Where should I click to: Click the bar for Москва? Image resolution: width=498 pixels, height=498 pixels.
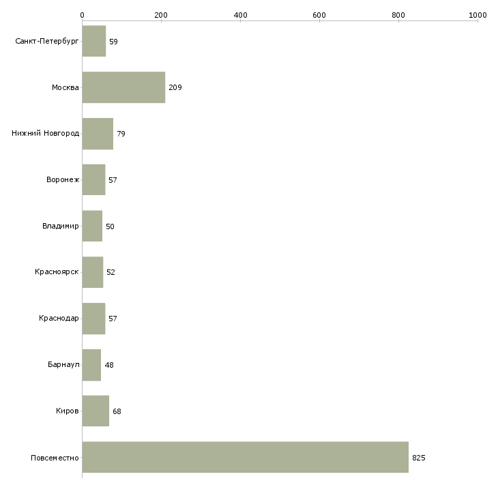[x=124, y=87]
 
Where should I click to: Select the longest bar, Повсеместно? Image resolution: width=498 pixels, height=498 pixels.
[x=246, y=457]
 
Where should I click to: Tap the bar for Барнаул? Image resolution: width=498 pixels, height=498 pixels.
[x=92, y=365]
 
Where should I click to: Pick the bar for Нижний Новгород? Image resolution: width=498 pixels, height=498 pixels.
[x=98, y=134]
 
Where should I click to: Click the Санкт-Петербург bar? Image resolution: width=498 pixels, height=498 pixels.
[x=94, y=42]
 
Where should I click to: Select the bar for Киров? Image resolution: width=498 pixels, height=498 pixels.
[x=96, y=411]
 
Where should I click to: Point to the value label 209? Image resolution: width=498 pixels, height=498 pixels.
[x=175, y=87]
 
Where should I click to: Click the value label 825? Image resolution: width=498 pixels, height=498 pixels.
[x=419, y=458]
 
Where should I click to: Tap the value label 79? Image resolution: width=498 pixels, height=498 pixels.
[x=121, y=134]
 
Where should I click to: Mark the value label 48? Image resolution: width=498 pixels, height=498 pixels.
[x=109, y=365]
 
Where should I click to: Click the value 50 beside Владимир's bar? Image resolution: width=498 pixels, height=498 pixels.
[x=110, y=226]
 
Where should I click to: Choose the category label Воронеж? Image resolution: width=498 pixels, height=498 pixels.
[x=63, y=180]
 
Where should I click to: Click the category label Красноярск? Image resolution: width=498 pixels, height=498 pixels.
[x=57, y=272]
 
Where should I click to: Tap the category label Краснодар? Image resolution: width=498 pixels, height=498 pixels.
[x=59, y=318]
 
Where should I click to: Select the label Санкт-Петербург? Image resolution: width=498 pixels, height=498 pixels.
[x=47, y=42]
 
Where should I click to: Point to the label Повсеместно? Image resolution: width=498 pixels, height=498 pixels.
[x=55, y=458]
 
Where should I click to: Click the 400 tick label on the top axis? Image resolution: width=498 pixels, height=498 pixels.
[x=240, y=15]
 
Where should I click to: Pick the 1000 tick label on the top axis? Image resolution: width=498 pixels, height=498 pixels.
[x=478, y=15]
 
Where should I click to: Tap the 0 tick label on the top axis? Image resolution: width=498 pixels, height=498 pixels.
[x=83, y=15]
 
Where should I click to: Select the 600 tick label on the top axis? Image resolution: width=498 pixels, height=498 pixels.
[x=319, y=15]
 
